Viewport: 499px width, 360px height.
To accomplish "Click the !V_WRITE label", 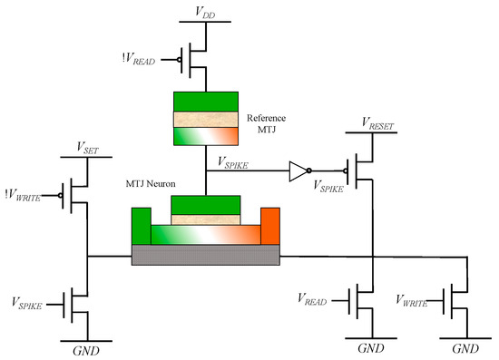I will click(27, 192).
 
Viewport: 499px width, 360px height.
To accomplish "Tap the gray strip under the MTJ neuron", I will click(205, 256).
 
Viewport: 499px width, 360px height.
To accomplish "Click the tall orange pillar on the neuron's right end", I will click(270, 227).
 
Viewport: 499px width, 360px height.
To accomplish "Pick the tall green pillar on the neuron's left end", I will click(141, 227).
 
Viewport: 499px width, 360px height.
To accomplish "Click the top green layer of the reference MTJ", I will click(206, 102).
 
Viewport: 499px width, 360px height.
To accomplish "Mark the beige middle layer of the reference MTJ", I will click(206, 119).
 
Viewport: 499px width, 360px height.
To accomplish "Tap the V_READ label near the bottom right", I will click(313, 297).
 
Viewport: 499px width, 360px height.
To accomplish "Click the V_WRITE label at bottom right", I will click(412, 297).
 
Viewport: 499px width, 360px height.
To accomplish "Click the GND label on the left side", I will click(87, 349).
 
